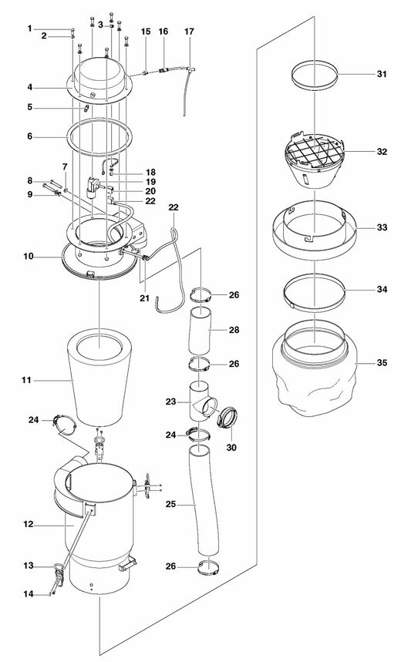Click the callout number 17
pos(189,32)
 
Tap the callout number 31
pos(382,74)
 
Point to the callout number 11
pos(27,381)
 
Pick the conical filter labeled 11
pos(99,378)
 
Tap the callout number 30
pos(231,448)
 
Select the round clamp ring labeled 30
pos(228,418)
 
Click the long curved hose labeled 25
pos(204,500)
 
